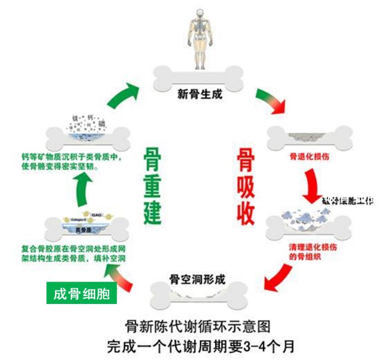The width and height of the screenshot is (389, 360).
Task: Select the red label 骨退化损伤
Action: coord(309,157)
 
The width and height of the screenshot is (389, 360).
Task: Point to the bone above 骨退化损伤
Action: coord(309,137)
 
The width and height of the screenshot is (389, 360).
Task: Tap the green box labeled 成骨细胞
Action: coord(82,294)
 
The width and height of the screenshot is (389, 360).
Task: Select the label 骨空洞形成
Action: coord(197,278)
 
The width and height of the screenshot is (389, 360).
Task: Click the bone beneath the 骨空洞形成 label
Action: coord(197,295)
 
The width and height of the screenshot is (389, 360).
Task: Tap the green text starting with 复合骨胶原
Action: coord(74,254)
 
